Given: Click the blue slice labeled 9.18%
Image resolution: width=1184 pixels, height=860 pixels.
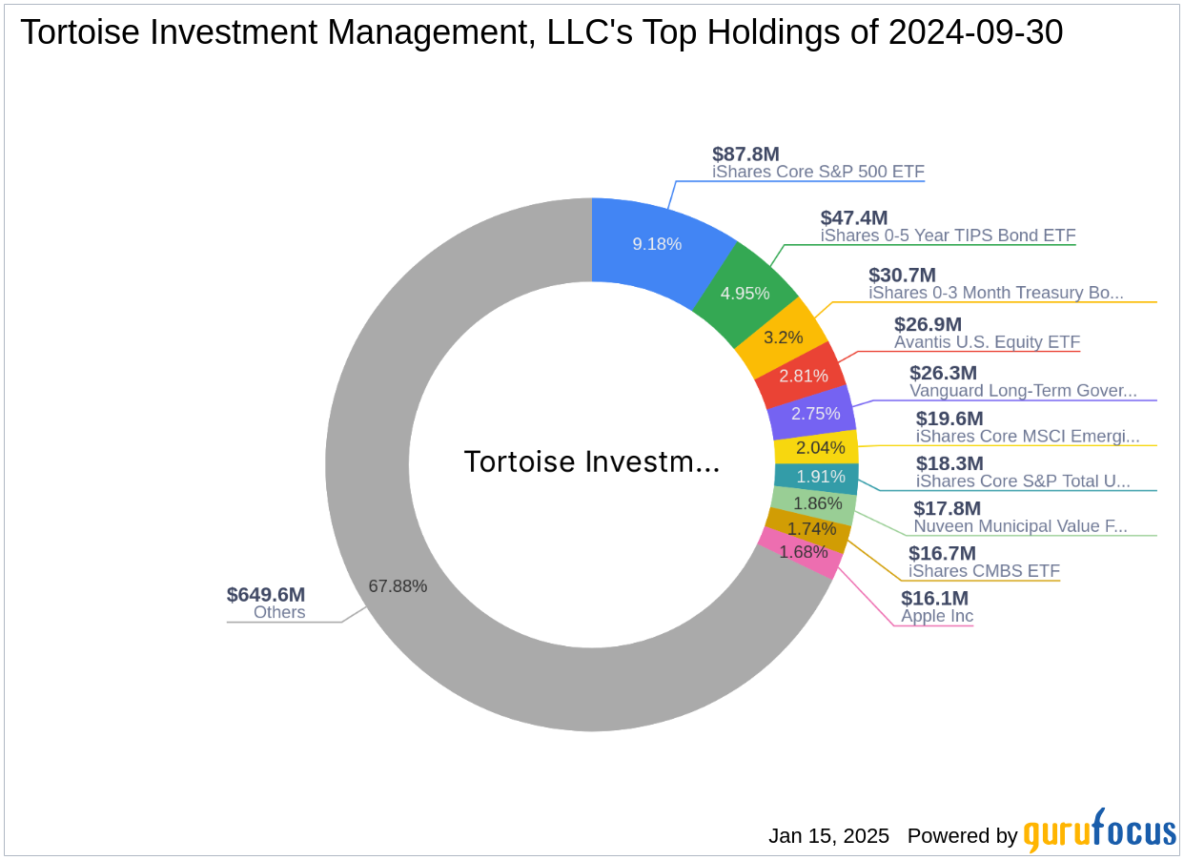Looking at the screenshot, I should (x=658, y=244).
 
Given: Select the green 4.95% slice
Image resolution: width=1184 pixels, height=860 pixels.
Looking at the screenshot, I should (x=745, y=293).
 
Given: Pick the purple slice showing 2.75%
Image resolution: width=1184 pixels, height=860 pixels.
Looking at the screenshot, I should (x=815, y=413).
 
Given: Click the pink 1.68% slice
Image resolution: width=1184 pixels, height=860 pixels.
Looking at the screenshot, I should (x=803, y=552).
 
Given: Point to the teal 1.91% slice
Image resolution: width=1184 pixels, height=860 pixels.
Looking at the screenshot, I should (x=820, y=477).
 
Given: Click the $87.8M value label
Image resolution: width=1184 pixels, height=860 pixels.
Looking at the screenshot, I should (x=745, y=154).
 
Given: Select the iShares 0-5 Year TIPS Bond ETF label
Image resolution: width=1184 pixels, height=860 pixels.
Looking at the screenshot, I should (x=948, y=235).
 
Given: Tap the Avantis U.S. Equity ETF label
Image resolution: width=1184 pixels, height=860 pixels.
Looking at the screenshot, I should (x=987, y=342).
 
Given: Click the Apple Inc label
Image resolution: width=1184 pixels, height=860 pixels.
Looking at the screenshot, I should (x=937, y=616).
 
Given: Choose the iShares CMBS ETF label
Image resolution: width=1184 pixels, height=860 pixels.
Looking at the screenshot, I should (x=984, y=571).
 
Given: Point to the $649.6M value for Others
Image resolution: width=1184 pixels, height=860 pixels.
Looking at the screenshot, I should (x=266, y=595).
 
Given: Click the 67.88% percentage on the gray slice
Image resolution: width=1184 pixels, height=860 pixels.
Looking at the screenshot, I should (x=398, y=586).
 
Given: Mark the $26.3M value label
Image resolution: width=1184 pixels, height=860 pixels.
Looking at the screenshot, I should (x=943, y=373).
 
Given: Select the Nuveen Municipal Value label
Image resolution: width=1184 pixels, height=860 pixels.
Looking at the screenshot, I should (x=1020, y=526).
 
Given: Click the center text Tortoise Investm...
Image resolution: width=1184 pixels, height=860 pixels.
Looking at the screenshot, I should (x=591, y=461).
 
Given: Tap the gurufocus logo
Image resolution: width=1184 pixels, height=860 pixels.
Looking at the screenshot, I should (x=1099, y=830).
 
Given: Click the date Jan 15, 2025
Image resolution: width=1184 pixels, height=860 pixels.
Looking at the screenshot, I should (x=828, y=836).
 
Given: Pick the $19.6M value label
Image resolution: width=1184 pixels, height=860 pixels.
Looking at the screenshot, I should (x=949, y=419).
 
